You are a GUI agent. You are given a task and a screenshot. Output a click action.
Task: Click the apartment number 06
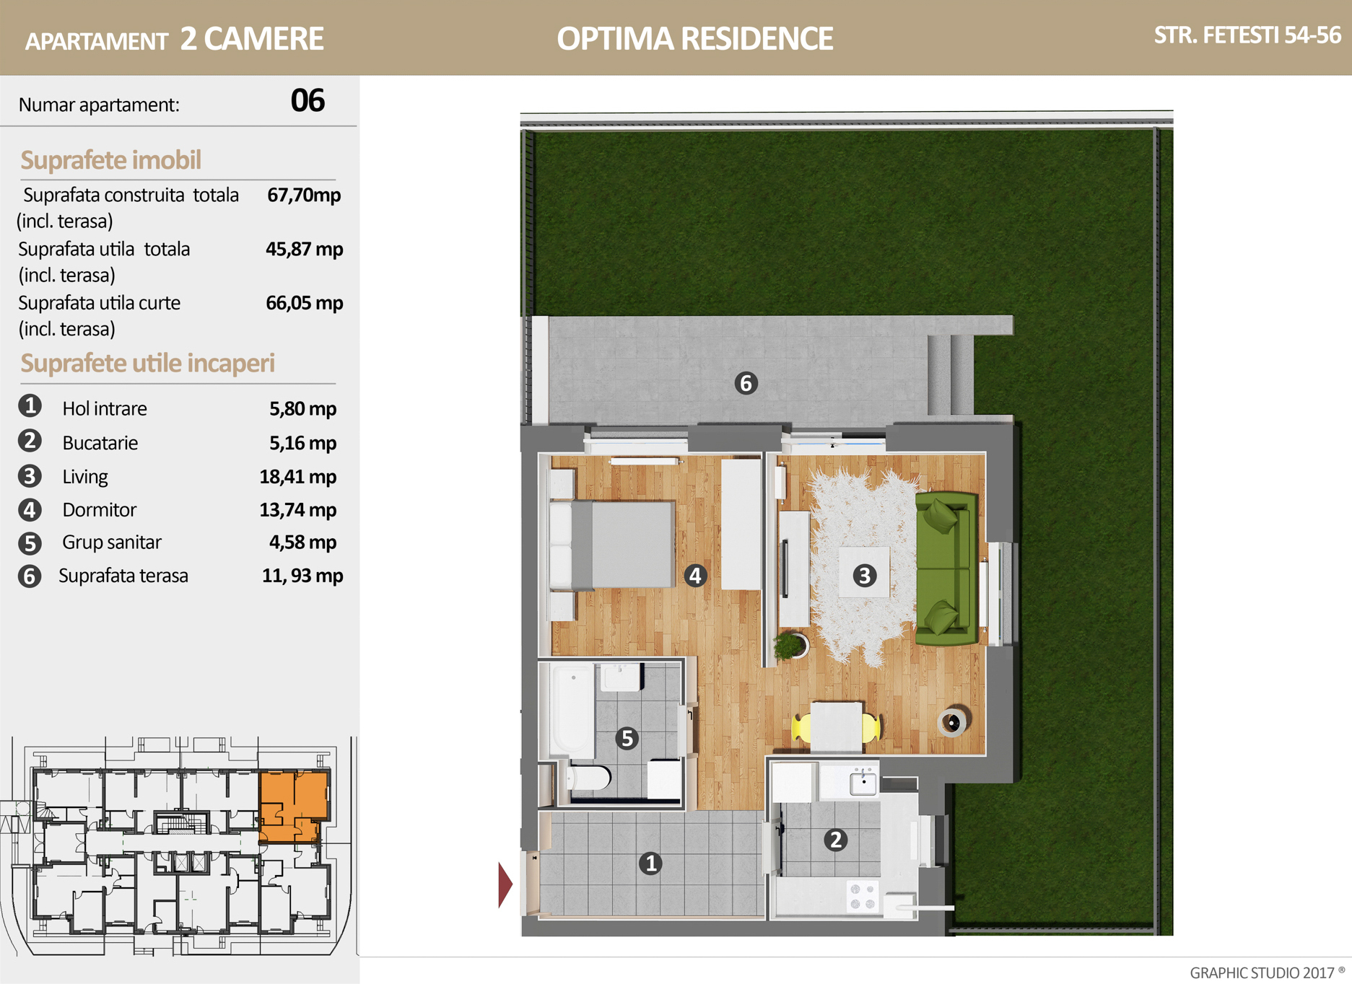(308, 100)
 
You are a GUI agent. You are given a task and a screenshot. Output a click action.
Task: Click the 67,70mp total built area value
(304, 195)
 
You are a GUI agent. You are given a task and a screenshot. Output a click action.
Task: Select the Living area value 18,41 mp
(298, 476)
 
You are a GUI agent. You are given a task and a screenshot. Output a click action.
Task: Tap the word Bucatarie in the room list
(100, 443)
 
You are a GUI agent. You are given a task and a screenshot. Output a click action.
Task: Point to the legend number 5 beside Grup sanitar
(30, 542)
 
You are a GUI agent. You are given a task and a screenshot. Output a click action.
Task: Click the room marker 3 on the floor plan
(864, 576)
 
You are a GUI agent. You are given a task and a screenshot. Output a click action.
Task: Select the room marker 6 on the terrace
(746, 383)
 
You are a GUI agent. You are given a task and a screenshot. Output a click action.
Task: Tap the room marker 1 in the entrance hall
(650, 863)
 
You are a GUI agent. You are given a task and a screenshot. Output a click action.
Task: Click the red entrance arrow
(505, 884)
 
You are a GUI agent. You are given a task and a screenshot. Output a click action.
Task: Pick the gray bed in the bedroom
(614, 545)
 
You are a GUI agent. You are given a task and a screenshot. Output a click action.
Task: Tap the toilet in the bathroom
(588, 778)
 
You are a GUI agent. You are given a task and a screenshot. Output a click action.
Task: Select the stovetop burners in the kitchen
(863, 896)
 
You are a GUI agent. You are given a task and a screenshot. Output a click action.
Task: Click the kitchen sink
(863, 782)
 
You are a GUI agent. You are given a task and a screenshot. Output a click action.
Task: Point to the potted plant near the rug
(790, 645)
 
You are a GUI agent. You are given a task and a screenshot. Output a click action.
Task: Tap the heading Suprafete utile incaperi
(147, 363)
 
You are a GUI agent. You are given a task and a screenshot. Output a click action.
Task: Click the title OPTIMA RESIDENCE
(694, 38)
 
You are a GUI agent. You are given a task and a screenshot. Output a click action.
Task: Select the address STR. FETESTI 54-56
(1247, 35)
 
